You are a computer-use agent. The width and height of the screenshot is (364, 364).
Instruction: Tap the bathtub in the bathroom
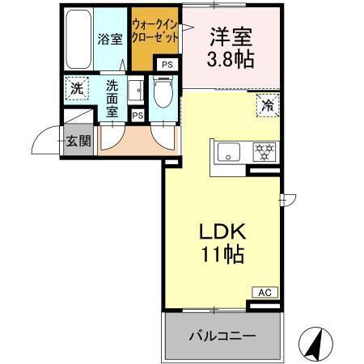(78, 39)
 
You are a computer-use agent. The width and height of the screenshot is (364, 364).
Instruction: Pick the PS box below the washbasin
(138, 116)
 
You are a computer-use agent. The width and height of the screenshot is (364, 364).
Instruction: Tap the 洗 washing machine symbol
(76, 88)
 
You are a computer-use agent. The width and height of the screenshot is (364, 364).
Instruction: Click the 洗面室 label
(109, 95)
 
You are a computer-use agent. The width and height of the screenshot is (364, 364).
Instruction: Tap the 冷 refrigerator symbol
(268, 104)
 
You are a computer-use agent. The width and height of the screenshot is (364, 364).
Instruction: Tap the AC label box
(265, 292)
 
